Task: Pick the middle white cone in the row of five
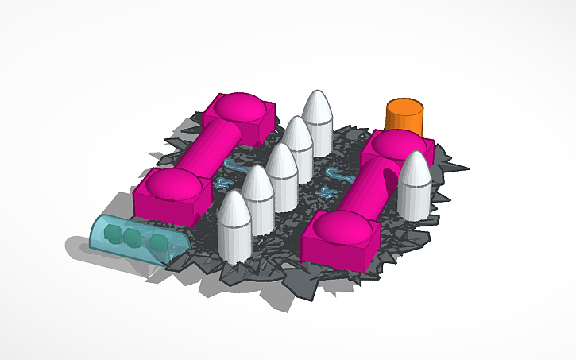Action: pos(281,175)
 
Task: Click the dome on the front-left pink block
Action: pos(172,184)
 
